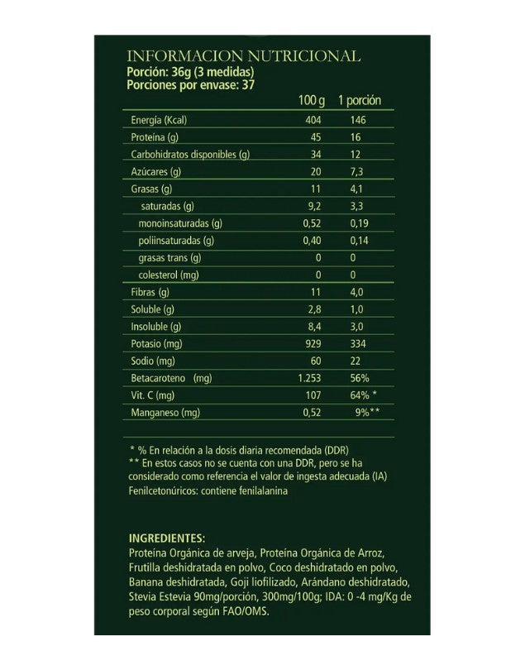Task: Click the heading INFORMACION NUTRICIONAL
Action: point(243,56)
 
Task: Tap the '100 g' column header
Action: point(312,101)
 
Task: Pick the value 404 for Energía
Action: point(313,121)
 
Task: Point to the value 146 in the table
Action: point(358,121)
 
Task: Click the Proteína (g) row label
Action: point(155,137)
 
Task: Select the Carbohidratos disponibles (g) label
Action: point(190,155)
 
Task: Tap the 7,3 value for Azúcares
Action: point(356,172)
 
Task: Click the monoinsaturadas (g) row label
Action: point(181,223)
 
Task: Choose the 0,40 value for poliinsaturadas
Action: point(312,241)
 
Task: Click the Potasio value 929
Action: point(313,343)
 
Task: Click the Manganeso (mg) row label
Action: point(165,412)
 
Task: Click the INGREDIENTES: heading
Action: point(166,538)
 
